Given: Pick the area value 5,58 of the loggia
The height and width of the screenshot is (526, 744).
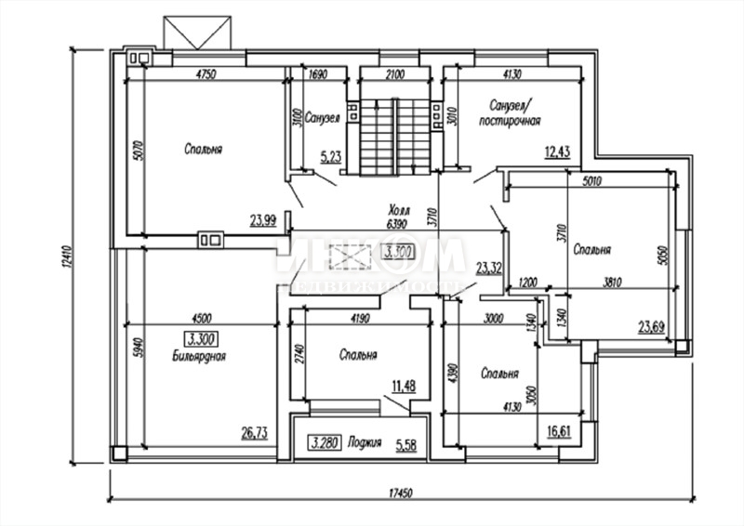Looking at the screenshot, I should (405, 443).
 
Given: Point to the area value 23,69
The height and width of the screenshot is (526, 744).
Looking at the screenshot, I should (653, 325).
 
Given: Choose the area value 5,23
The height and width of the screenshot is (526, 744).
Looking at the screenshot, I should (330, 157).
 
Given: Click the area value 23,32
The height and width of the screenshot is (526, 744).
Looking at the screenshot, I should (489, 270).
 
